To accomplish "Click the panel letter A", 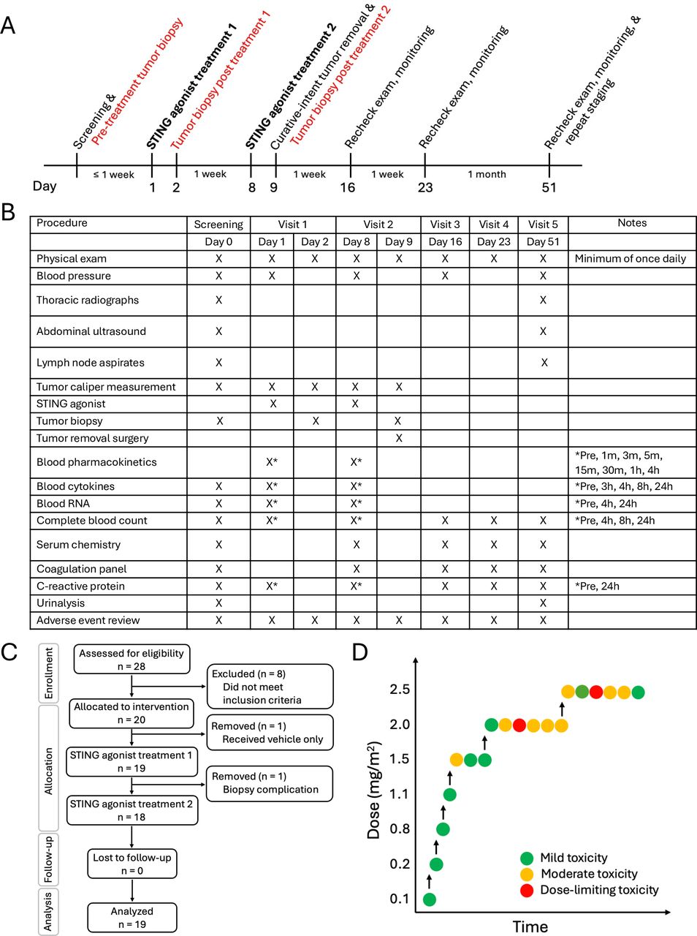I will click(x=9, y=26).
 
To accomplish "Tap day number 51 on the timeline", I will click(x=549, y=187).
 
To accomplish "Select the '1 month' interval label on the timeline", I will click(x=487, y=174).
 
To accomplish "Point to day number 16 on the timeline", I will click(x=348, y=187).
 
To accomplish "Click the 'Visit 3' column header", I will click(x=445, y=224).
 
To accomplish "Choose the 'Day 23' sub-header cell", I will click(x=494, y=241).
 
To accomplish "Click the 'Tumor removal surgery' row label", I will click(x=93, y=438).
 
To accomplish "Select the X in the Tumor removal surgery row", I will click(x=399, y=438).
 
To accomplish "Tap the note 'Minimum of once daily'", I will click(x=630, y=258).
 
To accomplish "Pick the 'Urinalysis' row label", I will click(x=61, y=603).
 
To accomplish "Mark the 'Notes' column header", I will click(x=632, y=223).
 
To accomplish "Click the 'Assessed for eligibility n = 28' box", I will click(x=132, y=660).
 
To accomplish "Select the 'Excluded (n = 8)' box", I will click(x=270, y=687).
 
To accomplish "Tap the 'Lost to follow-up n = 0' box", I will click(x=132, y=864).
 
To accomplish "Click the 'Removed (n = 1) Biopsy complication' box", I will click(x=270, y=783).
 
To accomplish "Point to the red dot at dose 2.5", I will click(x=596, y=692).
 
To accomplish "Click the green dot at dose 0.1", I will click(x=430, y=899).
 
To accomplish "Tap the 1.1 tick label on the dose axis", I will click(x=400, y=794).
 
